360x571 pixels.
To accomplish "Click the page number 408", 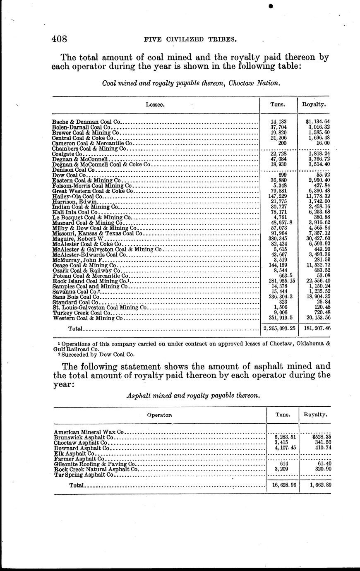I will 60,39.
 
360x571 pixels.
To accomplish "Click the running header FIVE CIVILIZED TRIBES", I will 190,40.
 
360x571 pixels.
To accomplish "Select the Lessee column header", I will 155,105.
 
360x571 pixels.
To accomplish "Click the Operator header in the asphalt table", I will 159,414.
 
